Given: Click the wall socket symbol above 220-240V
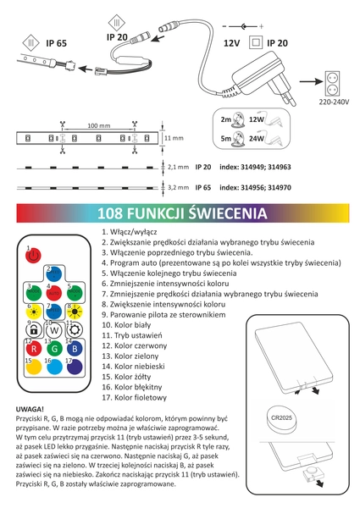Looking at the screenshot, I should (336, 85).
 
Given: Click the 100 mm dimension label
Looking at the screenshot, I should (99, 124).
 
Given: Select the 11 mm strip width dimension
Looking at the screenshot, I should (173, 136).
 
